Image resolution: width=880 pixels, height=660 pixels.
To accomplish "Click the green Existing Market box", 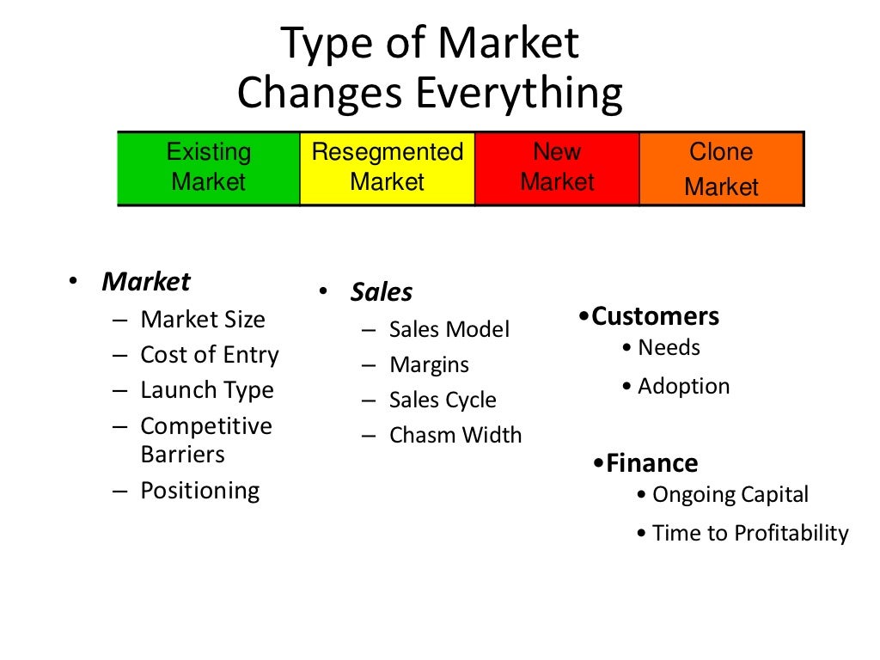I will pyautogui.click(x=209, y=168).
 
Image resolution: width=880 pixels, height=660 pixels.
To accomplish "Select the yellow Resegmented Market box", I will pyautogui.click(x=387, y=168).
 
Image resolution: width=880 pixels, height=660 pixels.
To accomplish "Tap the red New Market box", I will pyautogui.click(x=557, y=168).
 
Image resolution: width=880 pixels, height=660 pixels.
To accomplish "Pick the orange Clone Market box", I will pyautogui.click(x=721, y=169).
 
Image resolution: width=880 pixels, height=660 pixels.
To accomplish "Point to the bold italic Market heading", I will pyautogui.click(x=146, y=282).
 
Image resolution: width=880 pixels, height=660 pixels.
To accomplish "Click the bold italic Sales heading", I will pyautogui.click(x=381, y=292).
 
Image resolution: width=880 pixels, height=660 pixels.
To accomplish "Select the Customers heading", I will pyautogui.click(x=655, y=316).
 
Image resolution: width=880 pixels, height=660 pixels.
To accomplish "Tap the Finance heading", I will pyautogui.click(x=651, y=463).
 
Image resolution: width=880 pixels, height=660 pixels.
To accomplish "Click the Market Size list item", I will pyautogui.click(x=203, y=320).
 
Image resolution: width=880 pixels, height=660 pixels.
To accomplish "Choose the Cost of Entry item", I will pyautogui.click(x=210, y=355).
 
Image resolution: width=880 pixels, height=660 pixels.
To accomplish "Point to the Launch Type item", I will pyautogui.click(x=207, y=390).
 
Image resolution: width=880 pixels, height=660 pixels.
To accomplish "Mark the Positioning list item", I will pyautogui.click(x=199, y=491).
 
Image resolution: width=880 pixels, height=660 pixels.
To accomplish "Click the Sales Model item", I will pyautogui.click(x=449, y=329).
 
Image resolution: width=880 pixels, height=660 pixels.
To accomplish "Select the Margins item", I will pyautogui.click(x=429, y=364).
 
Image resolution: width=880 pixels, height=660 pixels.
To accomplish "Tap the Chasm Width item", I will pyautogui.click(x=455, y=435).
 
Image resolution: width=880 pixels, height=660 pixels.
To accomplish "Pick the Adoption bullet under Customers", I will pyautogui.click(x=683, y=386).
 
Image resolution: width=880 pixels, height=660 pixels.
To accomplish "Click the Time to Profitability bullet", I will pyautogui.click(x=749, y=533).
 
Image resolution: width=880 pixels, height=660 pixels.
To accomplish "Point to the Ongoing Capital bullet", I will pyautogui.click(x=730, y=495).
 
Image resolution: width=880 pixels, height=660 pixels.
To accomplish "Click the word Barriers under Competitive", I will pyautogui.click(x=182, y=454).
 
